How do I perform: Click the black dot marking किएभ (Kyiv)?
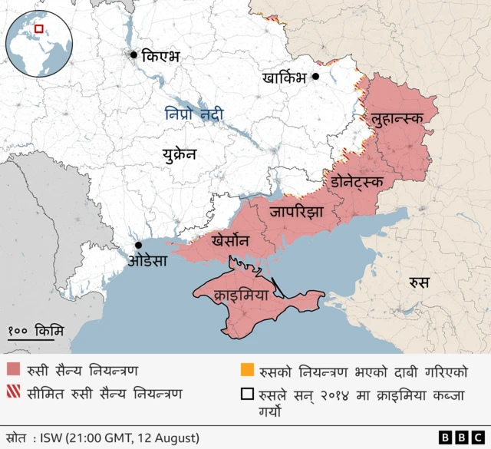click(134, 54)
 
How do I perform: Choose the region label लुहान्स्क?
click(399, 119)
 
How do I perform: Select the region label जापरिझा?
click(296, 212)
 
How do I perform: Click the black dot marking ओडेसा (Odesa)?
click(139, 245)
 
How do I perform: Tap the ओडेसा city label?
click(147, 261)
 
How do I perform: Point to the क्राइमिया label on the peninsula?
click(242, 294)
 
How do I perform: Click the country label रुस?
click(418, 282)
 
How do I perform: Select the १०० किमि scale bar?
click(36, 332)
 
